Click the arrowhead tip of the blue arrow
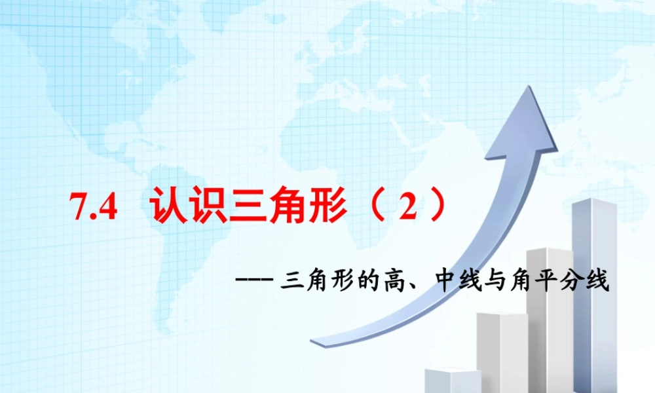530,88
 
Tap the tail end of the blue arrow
314,341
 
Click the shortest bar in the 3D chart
452,381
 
